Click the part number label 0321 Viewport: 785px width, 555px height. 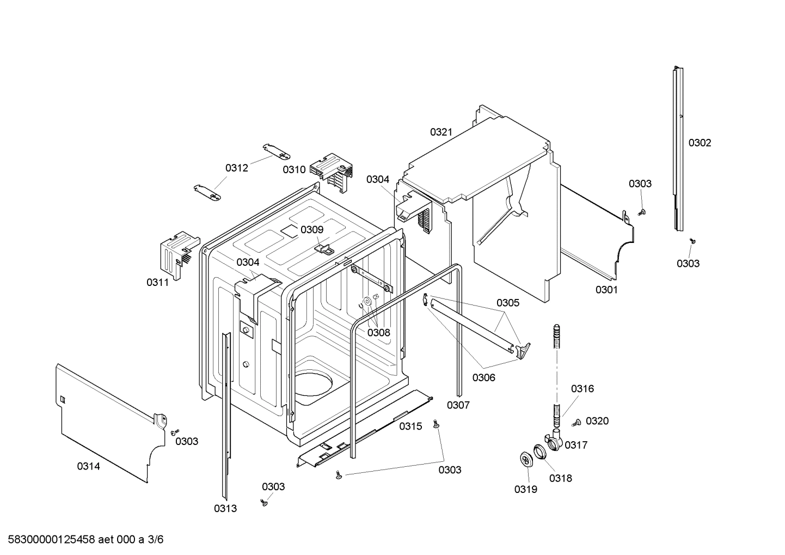(x=441, y=132)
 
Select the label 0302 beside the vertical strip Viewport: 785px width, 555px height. (x=700, y=143)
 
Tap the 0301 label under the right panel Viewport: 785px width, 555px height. (x=606, y=290)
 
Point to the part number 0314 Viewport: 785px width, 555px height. (x=88, y=466)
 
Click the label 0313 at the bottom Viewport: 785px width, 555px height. (x=225, y=509)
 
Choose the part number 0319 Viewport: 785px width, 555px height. (x=525, y=489)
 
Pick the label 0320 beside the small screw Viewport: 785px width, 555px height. (x=597, y=421)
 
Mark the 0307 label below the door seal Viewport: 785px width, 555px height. (x=458, y=405)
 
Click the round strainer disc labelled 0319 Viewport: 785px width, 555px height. (x=526, y=459)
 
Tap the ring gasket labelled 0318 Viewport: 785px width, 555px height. (x=539, y=451)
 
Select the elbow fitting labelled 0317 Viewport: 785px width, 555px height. (x=554, y=439)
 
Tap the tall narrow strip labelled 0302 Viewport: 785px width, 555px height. (x=678, y=148)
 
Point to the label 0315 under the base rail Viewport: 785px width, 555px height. (x=410, y=426)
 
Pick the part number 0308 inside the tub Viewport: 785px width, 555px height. (x=378, y=332)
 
